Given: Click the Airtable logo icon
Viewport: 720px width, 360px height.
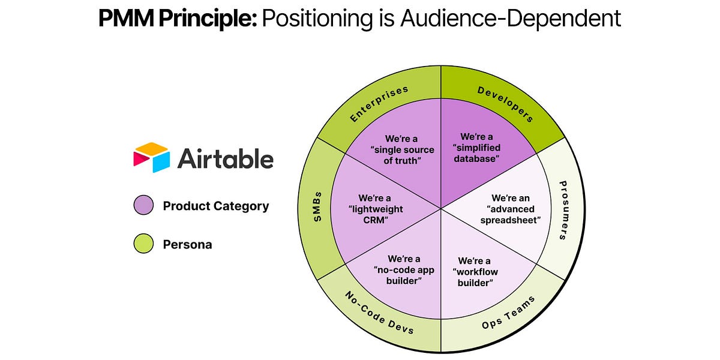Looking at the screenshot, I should tap(153, 158).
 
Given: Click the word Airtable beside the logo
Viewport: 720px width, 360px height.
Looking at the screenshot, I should tap(225, 159).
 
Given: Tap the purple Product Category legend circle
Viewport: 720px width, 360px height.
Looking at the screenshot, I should tap(143, 206).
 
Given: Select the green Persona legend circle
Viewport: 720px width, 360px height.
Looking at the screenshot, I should tap(143, 244).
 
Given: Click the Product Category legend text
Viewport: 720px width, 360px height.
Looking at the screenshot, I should tap(215, 206).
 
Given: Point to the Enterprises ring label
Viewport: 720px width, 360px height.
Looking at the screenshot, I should tap(379, 103).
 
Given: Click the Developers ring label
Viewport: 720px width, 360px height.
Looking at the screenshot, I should tap(505, 103).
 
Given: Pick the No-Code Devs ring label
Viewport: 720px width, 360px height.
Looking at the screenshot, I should tap(379, 313).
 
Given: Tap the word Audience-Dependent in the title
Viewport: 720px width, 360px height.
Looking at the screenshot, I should tap(512, 19).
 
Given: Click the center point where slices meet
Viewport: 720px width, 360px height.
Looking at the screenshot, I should tap(441, 208).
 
